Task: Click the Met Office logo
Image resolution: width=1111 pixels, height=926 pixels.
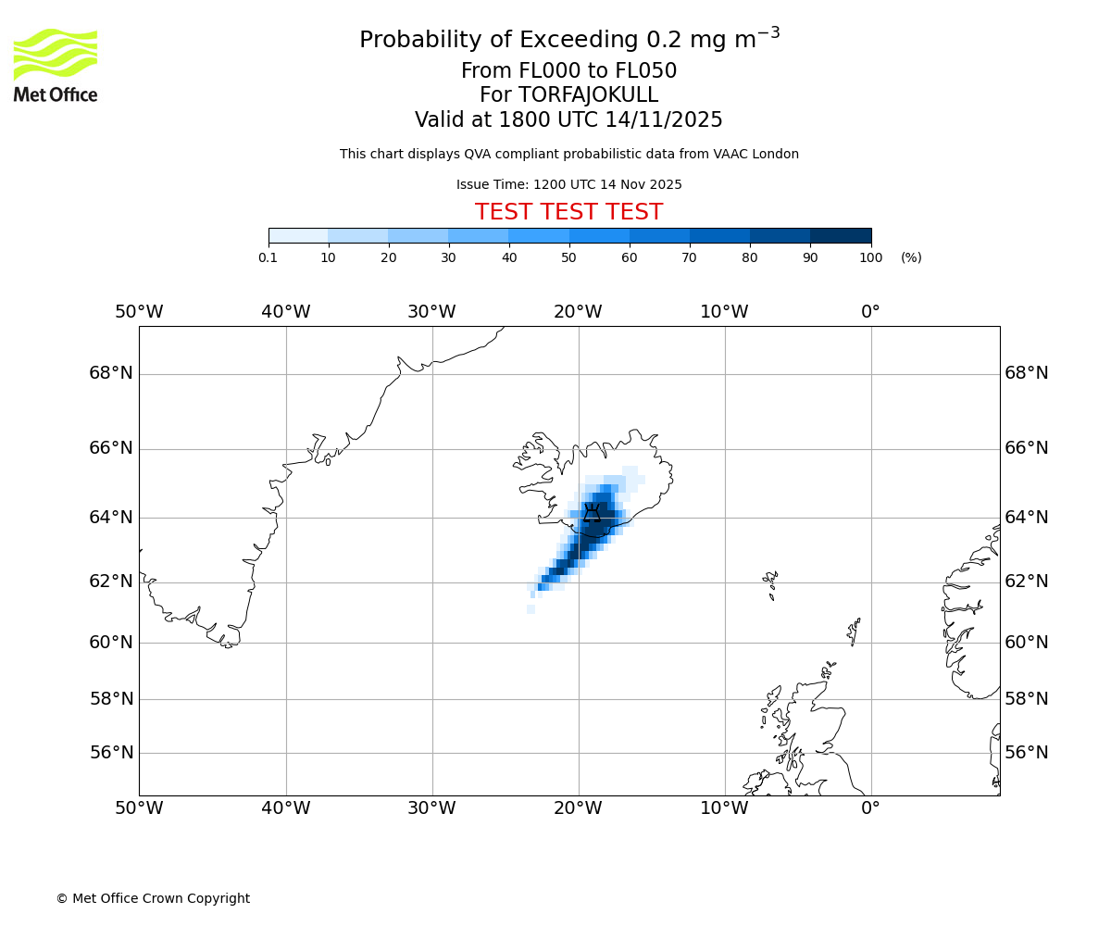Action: click(56, 65)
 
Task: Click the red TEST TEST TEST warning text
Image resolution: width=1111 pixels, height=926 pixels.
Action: click(568, 212)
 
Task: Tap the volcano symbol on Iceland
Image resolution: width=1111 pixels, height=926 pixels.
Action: click(592, 513)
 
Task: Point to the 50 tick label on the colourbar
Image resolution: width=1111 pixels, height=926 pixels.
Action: click(568, 257)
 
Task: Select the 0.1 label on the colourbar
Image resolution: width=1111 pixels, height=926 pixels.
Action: click(268, 257)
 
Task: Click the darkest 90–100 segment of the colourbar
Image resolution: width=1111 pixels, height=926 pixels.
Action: click(841, 235)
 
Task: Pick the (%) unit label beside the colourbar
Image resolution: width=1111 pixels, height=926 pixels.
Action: click(911, 257)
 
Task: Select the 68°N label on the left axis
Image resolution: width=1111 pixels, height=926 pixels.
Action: click(111, 373)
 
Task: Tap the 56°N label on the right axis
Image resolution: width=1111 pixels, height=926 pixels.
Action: click(1027, 753)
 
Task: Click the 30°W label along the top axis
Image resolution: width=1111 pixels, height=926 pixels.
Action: click(431, 312)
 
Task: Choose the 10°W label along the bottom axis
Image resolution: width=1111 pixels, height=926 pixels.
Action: click(724, 808)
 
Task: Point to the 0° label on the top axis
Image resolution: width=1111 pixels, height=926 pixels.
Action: click(870, 312)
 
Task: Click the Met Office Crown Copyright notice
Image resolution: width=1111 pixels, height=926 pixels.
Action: click(153, 898)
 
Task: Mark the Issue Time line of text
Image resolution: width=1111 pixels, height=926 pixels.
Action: click(568, 184)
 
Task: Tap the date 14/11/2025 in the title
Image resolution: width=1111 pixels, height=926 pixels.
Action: click(664, 120)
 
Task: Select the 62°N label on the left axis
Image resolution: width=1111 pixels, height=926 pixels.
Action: click(111, 582)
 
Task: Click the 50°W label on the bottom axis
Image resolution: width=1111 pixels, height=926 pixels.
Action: click(139, 808)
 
